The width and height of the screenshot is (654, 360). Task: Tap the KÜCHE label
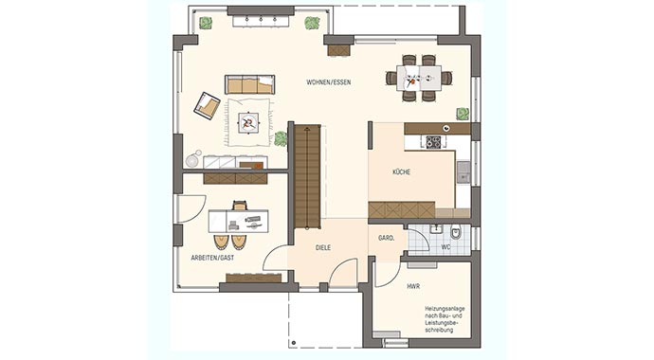pos(409,172)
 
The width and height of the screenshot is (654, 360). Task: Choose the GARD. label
pos(387,238)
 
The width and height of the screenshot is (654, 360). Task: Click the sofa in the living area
pos(249,83)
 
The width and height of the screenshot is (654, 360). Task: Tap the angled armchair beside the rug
pos(207,104)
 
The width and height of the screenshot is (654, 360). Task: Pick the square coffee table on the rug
pos(248,120)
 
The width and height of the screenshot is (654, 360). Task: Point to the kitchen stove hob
pos(433,142)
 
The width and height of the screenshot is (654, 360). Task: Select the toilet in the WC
pos(456,232)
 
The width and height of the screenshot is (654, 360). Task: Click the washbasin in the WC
pos(435,229)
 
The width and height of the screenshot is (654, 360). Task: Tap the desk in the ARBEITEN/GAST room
pos(238,221)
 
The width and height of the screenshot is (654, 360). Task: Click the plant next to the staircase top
pos(281,138)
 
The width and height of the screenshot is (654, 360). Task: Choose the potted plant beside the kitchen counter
pos(462,114)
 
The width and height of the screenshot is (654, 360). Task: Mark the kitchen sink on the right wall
pos(463,171)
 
